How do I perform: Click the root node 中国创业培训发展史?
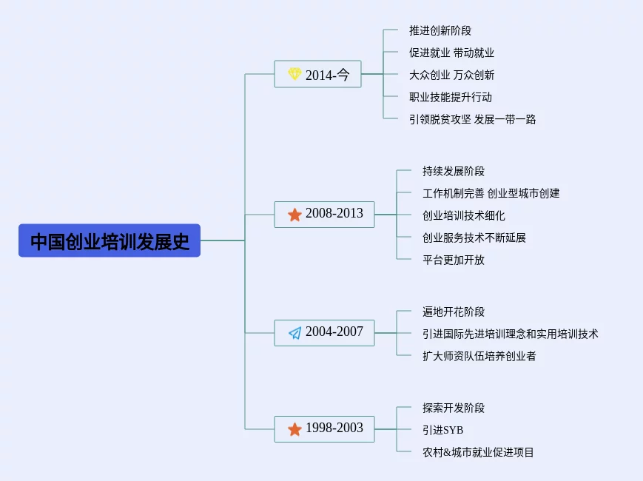pyautogui.click(x=110, y=240)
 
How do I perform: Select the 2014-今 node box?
pyautogui.click(x=317, y=74)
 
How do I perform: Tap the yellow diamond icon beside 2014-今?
pyautogui.click(x=294, y=74)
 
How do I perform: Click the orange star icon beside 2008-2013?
pyautogui.click(x=294, y=215)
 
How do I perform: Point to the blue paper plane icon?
pyautogui.click(x=294, y=333)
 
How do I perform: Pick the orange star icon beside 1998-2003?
pyautogui.click(x=294, y=429)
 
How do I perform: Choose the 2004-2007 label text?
pyautogui.click(x=334, y=332)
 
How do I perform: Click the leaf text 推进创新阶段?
pyautogui.click(x=440, y=30)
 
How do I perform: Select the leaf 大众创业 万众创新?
pyautogui.click(x=451, y=75)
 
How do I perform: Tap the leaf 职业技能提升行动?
pyautogui.click(x=451, y=97)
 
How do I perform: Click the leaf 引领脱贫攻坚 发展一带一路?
pyautogui.click(x=472, y=119)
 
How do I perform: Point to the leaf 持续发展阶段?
pyautogui.click(x=454, y=171)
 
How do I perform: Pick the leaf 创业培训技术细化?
pyautogui.click(x=464, y=215)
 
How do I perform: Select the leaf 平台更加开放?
pyautogui.click(x=454, y=260)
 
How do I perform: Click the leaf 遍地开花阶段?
pyautogui.click(x=454, y=312)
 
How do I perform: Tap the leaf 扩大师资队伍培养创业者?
pyautogui.click(x=479, y=356)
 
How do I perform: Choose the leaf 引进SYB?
pyautogui.click(x=443, y=430)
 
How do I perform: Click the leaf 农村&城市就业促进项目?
pyautogui.click(x=478, y=452)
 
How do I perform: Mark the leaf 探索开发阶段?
pyautogui.click(x=454, y=408)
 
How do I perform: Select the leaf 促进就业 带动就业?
pyautogui.click(x=451, y=53)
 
